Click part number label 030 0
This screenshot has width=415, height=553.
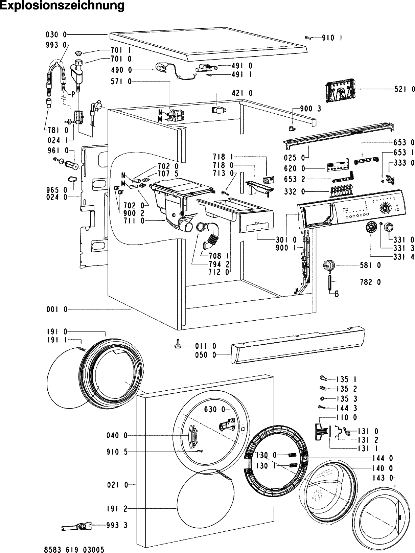(56, 34)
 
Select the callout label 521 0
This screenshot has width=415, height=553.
(404, 89)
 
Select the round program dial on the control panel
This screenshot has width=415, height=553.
(385, 208)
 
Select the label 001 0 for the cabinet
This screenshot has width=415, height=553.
(57, 309)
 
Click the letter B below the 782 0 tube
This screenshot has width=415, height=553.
(337, 294)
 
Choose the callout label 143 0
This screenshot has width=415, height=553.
(386, 478)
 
